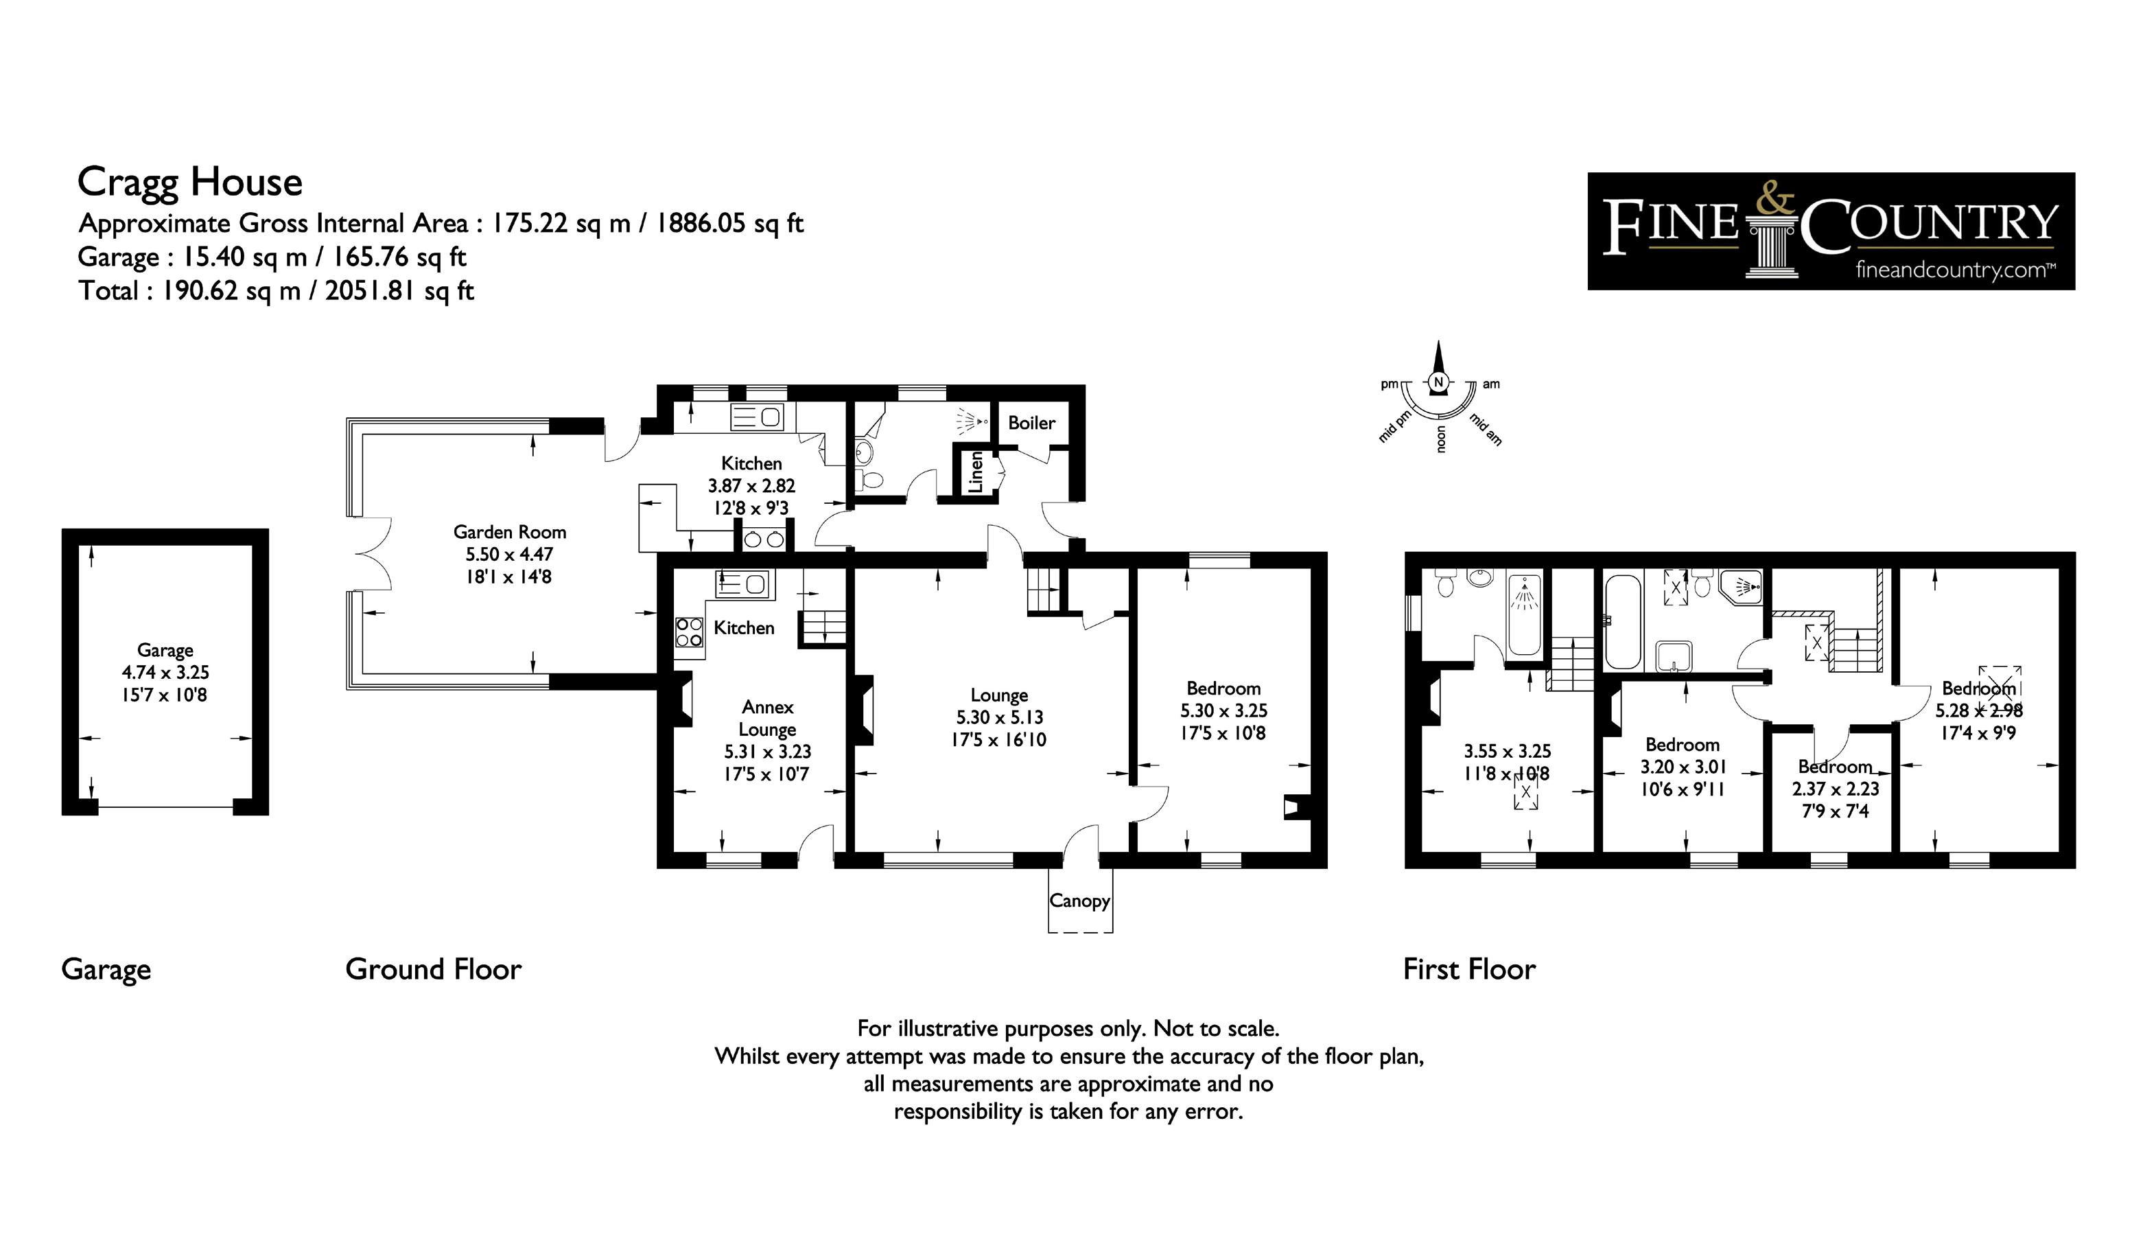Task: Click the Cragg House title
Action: coord(190,183)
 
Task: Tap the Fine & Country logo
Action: coord(1830,231)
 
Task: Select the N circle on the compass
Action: coord(1438,382)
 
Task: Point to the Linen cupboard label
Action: coord(975,473)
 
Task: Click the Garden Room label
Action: coord(509,532)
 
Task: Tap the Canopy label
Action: coord(1079,901)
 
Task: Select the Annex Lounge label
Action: coord(767,718)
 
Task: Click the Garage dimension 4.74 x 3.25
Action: coord(165,673)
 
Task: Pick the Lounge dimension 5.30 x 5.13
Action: coord(999,717)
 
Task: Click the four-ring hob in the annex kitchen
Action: coord(690,632)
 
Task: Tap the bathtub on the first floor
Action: coord(1623,621)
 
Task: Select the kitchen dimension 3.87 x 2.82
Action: coord(751,486)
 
